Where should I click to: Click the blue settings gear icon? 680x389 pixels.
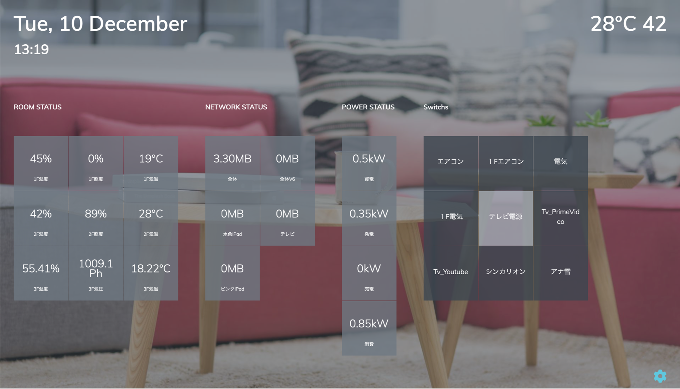pyautogui.click(x=660, y=376)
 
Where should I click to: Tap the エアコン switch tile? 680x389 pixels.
pyautogui.click(x=451, y=163)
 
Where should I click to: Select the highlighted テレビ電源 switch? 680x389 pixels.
pyautogui.click(x=506, y=218)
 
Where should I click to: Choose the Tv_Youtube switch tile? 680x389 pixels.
pyautogui.click(x=451, y=273)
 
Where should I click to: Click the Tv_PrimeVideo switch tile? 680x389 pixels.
pyautogui.click(x=560, y=218)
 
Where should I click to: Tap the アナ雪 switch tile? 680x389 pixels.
pyautogui.click(x=560, y=273)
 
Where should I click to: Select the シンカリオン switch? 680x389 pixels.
pyautogui.click(x=506, y=273)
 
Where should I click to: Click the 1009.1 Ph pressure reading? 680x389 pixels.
pyautogui.click(x=96, y=268)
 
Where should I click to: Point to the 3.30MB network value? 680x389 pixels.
pyautogui.click(x=232, y=159)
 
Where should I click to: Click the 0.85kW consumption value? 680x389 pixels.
pyautogui.click(x=369, y=324)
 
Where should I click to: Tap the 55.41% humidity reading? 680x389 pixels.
pyautogui.click(x=41, y=269)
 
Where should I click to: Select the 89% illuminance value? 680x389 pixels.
pyautogui.click(x=96, y=214)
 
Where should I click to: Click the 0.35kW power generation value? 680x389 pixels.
pyautogui.click(x=369, y=214)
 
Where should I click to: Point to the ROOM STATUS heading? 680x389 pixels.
pyautogui.click(x=38, y=107)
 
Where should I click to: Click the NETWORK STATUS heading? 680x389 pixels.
pyautogui.click(x=236, y=107)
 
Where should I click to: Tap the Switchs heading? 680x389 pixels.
pyautogui.click(x=436, y=107)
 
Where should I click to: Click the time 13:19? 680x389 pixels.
pyautogui.click(x=31, y=49)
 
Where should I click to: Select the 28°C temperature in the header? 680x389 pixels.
pyautogui.click(x=613, y=24)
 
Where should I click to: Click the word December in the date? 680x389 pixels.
pyautogui.click(x=138, y=24)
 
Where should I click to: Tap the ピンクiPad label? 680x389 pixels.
pyautogui.click(x=232, y=289)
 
